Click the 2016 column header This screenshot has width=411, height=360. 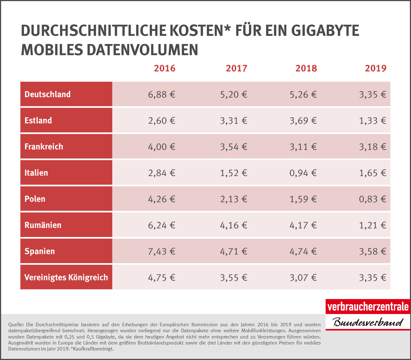click(x=164, y=68)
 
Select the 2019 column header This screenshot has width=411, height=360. click(x=375, y=68)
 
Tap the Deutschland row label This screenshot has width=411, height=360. click(x=48, y=94)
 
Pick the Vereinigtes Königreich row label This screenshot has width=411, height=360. click(x=66, y=277)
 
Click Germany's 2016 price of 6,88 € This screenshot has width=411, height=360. click(x=161, y=94)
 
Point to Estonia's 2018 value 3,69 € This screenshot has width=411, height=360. click(x=303, y=121)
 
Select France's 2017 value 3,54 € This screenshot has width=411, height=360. click(x=233, y=147)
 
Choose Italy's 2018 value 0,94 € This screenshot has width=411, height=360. click(x=303, y=173)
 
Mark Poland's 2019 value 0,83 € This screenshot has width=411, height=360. click(x=372, y=199)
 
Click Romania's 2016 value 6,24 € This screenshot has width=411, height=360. click(x=161, y=225)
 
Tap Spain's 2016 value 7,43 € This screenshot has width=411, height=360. click(x=161, y=251)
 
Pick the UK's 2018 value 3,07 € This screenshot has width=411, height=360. click(x=303, y=278)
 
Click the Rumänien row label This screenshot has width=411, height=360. click(x=43, y=225)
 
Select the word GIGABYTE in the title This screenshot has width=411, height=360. click(x=325, y=30)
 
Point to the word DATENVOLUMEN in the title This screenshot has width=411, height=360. click(x=142, y=50)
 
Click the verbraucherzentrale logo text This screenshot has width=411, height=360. click(x=368, y=307)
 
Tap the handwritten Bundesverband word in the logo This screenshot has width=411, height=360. click(x=368, y=322)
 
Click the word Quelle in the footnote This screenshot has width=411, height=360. click(x=16, y=325)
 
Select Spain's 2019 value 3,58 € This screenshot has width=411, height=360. click(x=372, y=251)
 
